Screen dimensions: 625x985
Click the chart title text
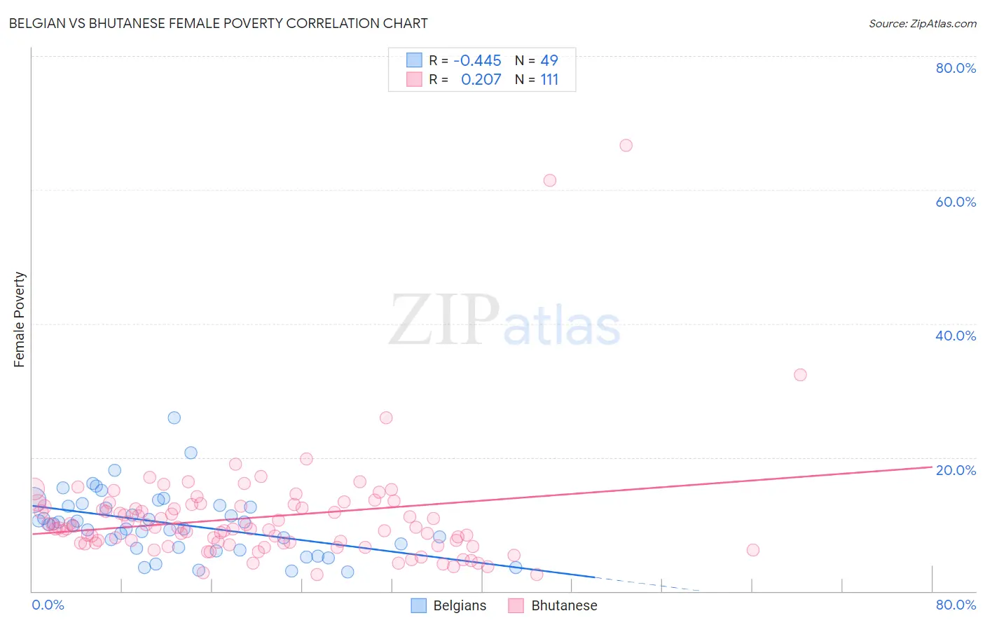[x=218, y=24]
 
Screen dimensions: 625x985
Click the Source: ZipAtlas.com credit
[x=922, y=24]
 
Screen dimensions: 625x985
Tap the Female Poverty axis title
[x=20, y=320]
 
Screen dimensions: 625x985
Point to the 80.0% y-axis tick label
[x=956, y=68]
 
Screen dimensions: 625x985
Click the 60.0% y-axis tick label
[x=956, y=202]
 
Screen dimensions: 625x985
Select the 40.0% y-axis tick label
[x=956, y=336]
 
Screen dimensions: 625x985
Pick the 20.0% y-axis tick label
[x=956, y=470]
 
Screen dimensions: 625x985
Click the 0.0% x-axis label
[x=48, y=605]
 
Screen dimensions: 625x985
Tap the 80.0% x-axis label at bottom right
[x=956, y=605]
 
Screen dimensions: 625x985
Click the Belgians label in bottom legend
[x=460, y=605]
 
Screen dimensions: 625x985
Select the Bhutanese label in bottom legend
[x=564, y=605]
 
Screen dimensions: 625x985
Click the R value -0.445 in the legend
[x=478, y=61]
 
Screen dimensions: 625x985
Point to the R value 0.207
[x=481, y=80]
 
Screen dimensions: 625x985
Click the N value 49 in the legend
[x=549, y=61]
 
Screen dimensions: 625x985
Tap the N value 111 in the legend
[x=549, y=80]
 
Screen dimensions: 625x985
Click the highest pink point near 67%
[x=626, y=146]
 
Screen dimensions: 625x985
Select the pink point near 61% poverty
[x=550, y=181]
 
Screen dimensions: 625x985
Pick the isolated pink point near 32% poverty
[x=800, y=375]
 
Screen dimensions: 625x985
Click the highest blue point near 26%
[x=174, y=418]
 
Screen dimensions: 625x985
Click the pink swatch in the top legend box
[x=415, y=80]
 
